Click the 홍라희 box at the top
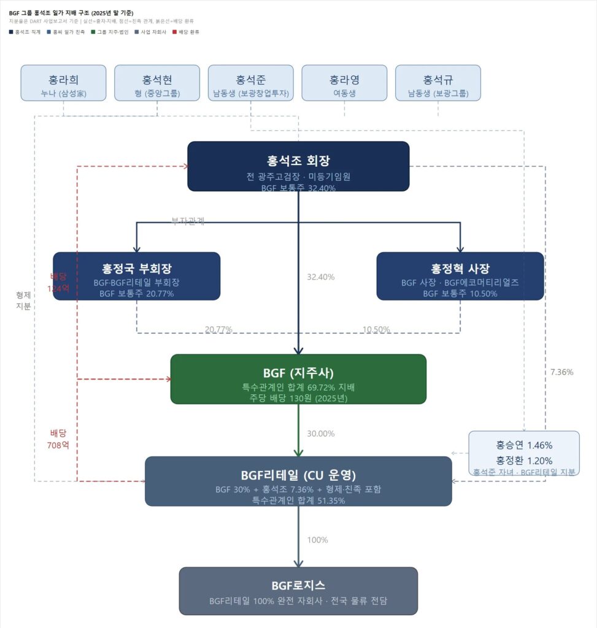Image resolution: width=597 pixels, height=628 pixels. click(63, 83)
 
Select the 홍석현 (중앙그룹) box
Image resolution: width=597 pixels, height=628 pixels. click(157, 83)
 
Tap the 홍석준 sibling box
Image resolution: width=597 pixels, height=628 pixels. click(251, 83)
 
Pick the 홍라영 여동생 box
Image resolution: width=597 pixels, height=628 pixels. click(344, 83)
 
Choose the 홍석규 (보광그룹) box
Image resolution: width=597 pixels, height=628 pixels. click(438, 83)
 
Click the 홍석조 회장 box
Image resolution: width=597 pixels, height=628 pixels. click(298, 166)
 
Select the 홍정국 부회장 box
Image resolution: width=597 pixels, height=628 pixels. click(136, 276)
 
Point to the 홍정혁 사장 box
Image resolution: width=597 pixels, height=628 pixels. click(460, 276)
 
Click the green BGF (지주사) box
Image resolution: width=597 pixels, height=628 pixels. click(298, 379)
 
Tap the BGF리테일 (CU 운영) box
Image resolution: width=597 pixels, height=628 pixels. click(298, 481)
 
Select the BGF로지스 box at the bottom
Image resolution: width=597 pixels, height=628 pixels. click(298, 591)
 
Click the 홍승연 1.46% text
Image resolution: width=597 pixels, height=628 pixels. click(524, 445)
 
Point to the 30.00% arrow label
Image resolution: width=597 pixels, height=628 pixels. click(321, 434)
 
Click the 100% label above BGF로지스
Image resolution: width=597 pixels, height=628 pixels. click(318, 540)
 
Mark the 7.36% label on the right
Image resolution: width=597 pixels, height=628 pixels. click(562, 372)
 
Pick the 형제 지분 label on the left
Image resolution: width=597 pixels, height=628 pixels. click(23, 301)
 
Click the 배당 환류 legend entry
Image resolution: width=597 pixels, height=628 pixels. click(187, 31)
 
